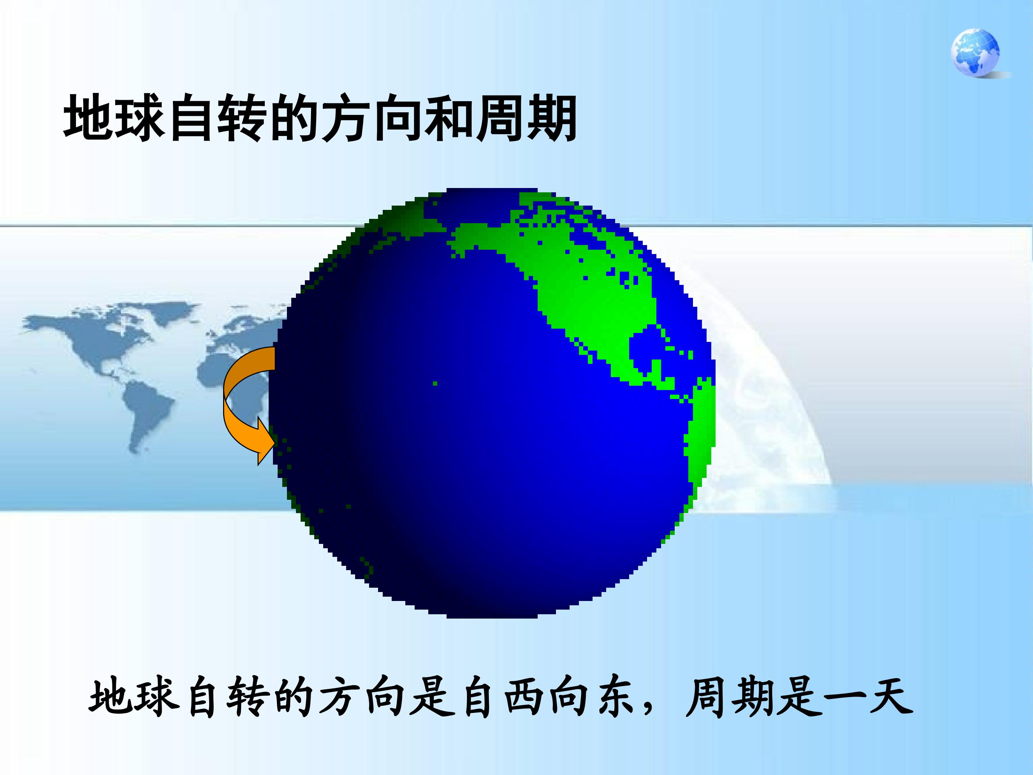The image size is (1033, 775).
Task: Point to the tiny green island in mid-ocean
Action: click(x=435, y=384)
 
